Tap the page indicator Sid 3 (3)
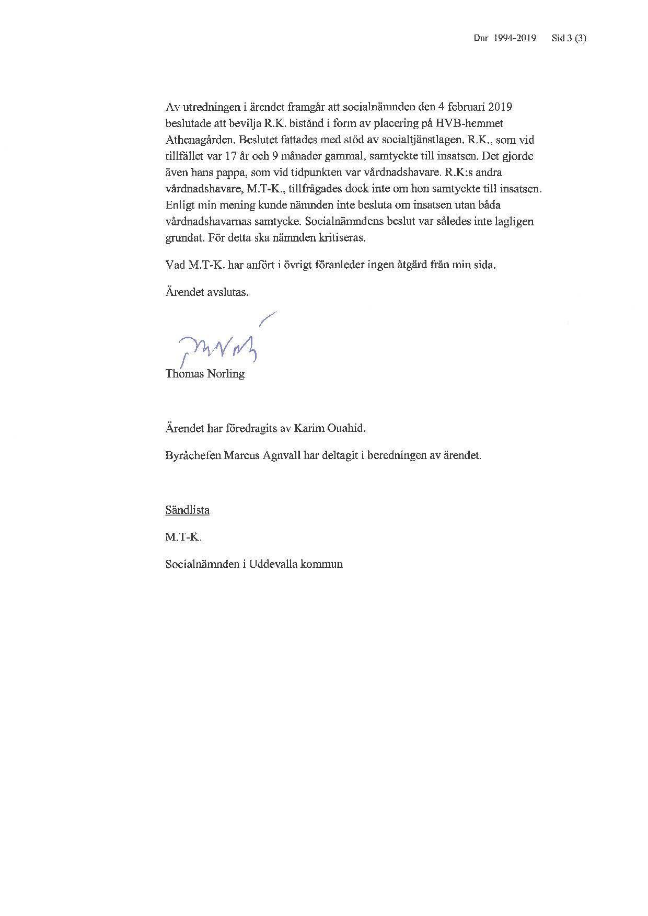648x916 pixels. click(x=569, y=38)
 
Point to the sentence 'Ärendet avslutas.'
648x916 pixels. click(x=207, y=292)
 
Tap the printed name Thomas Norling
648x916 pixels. click(x=205, y=374)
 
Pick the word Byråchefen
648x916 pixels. click(x=193, y=455)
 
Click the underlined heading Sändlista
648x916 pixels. click(x=187, y=510)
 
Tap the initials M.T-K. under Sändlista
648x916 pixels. click(x=183, y=537)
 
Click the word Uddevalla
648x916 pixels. click(x=273, y=564)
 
